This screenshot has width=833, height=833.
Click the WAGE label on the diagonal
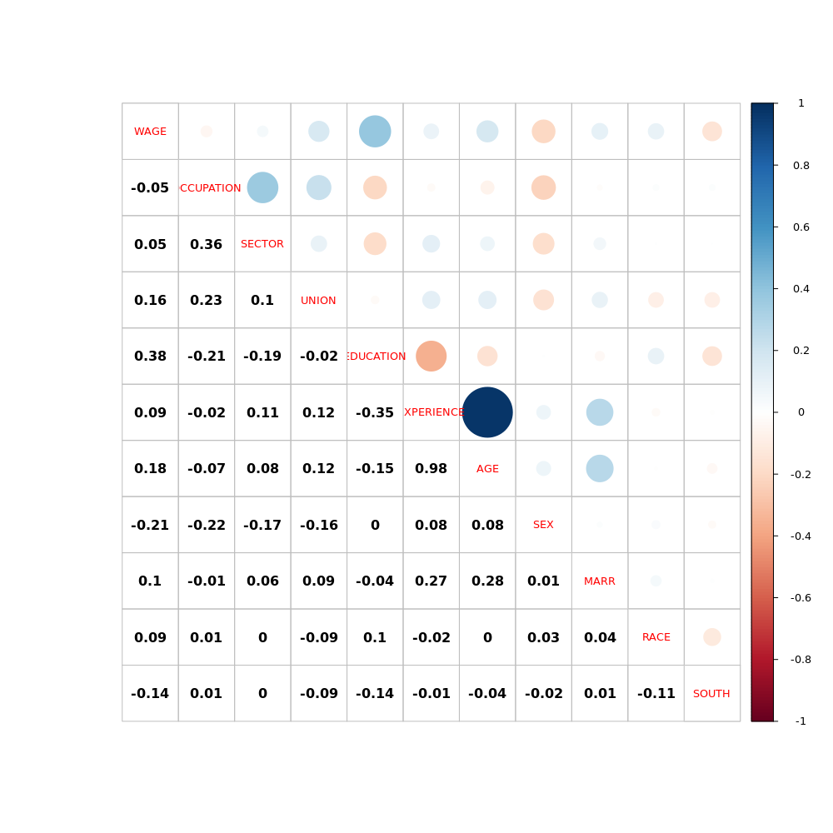(x=150, y=132)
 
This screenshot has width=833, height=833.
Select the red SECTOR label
(x=262, y=244)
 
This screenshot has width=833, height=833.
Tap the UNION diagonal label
(x=318, y=301)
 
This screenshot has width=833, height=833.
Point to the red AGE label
(x=487, y=469)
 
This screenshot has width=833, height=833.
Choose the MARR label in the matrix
(x=600, y=581)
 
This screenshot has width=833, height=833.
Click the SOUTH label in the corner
(x=711, y=694)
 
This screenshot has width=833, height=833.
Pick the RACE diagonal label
(x=656, y=637)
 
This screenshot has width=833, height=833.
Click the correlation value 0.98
(x=431, y=469)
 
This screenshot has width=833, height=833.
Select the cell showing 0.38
(x=150, y=357)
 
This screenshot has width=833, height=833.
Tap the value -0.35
(x=375, y=413)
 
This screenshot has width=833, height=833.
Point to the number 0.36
(x=206, y=245)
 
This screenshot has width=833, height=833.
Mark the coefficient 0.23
(x=206, y=301)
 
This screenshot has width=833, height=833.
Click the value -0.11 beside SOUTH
(x=656, y=694)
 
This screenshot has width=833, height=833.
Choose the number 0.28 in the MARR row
(x=487, y=581)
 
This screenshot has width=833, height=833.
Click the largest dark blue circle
(x=487, y=412)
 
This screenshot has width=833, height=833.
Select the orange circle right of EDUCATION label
(x=431, y=356)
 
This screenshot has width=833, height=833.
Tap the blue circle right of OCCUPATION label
(x=262, y=187)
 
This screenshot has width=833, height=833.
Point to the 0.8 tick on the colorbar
(x=801, y=165)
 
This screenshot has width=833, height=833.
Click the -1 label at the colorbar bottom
(x=801, y=721)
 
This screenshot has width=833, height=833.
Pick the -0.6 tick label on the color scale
(x=801, y=598)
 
